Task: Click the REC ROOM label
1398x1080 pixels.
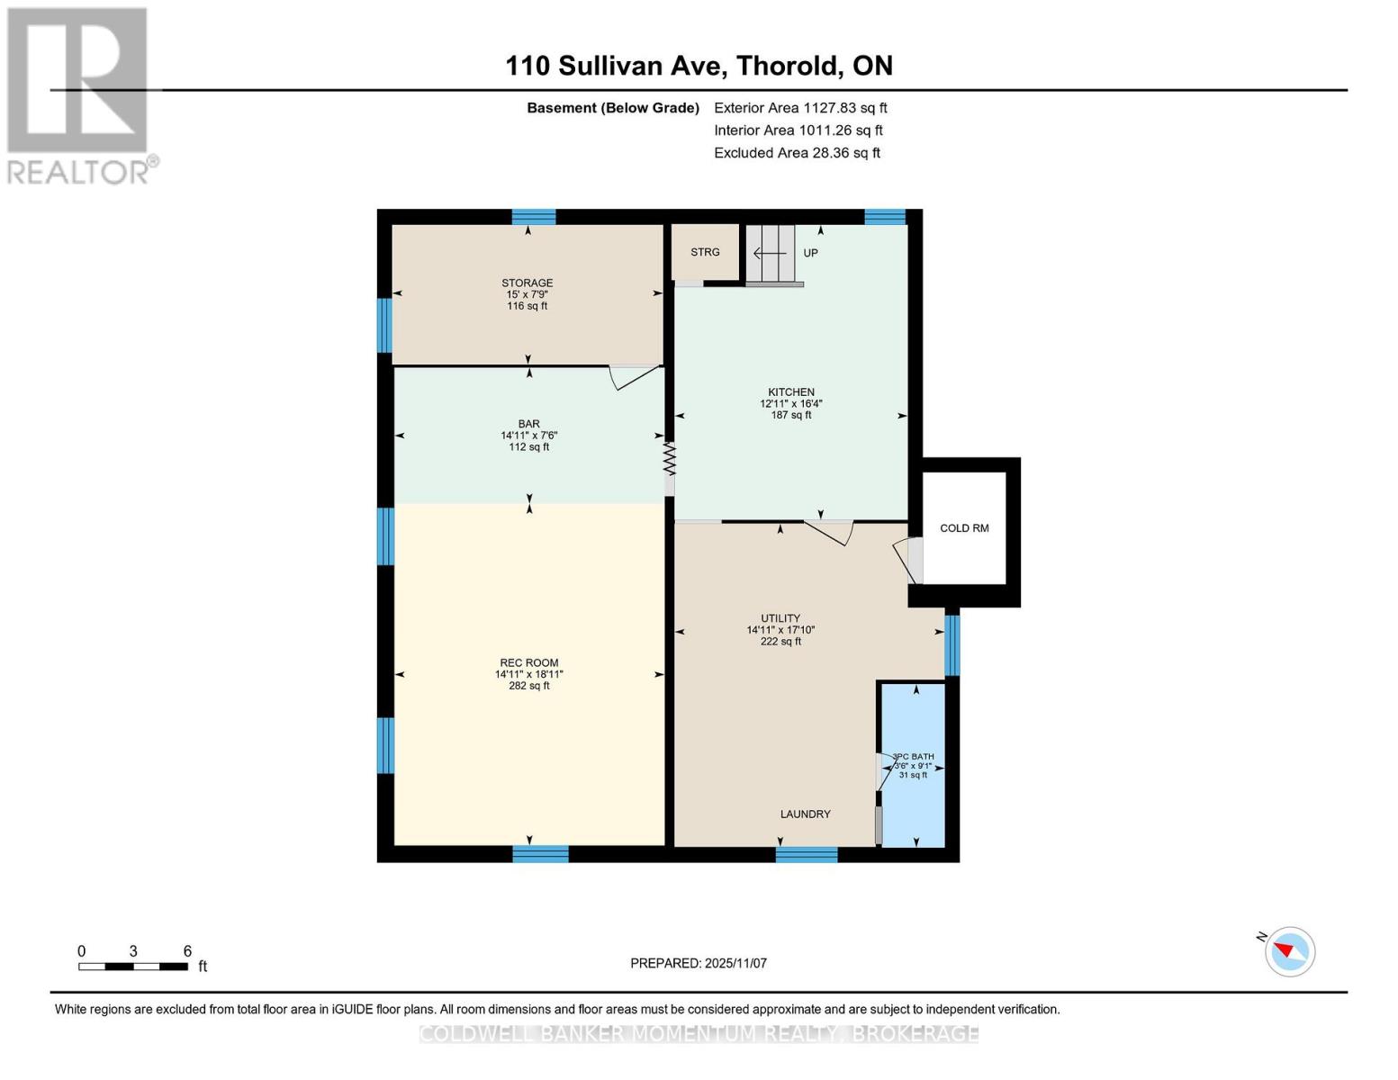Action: (528, 663)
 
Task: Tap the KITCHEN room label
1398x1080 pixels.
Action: (790, 392)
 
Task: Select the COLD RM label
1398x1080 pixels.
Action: (964, 528)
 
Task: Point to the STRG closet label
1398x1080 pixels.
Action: (705, 252)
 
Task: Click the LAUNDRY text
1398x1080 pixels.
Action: (805, 814)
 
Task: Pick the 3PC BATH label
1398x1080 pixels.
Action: (913, 757)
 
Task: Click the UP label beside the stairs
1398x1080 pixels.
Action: (810, 253)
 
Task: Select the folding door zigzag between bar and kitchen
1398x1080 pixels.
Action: (669, 458)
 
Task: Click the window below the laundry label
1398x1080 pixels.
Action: (806, 854)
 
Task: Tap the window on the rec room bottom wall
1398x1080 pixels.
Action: (540, 854)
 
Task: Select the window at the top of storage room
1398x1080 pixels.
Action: (534, 217)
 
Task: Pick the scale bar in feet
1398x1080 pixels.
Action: (133, 967)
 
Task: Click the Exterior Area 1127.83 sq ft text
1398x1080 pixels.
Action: (800, 108)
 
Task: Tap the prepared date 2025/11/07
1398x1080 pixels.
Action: (699, 963)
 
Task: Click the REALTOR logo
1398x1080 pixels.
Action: (79, 95)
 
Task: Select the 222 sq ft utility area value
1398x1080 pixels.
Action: (780, 642)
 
